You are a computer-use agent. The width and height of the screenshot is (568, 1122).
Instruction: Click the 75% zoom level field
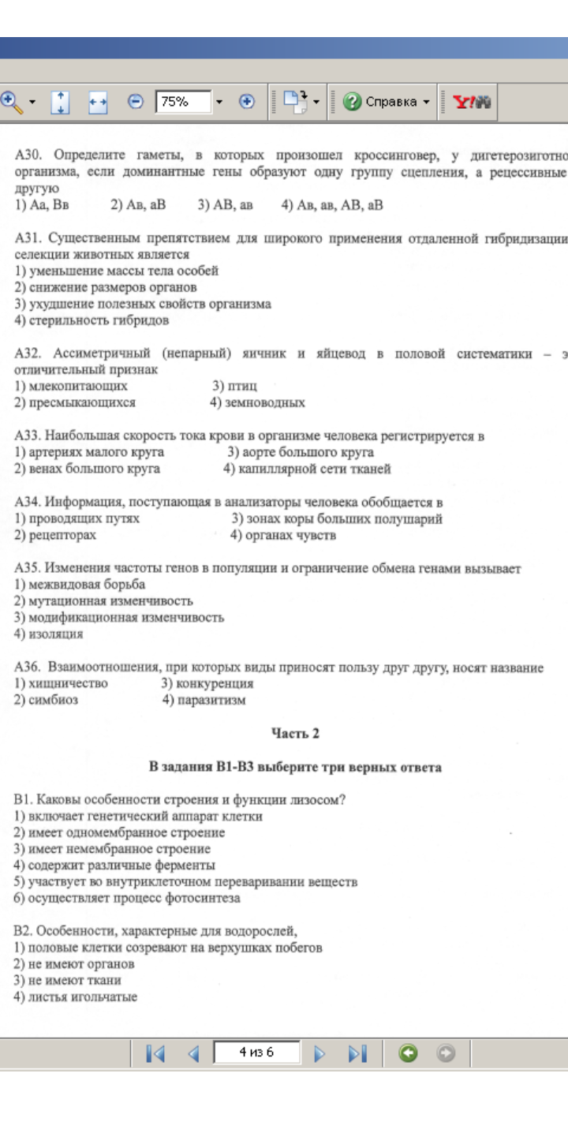[183, 102]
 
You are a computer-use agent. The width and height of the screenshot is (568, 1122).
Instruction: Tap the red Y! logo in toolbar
[473, 102]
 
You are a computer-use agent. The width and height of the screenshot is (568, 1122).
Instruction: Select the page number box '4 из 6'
[256, 1053]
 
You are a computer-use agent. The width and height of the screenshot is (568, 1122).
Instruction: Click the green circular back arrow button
[408, 1053]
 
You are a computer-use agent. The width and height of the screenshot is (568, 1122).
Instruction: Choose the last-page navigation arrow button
[357, 1053]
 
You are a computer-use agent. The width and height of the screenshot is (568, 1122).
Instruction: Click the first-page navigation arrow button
[155, 1053]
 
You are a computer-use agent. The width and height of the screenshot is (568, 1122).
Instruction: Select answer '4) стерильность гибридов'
[92, 320]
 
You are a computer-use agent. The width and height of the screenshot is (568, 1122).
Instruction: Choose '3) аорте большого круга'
[300, 452]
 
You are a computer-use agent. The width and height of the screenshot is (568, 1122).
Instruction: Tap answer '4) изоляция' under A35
[49, 634]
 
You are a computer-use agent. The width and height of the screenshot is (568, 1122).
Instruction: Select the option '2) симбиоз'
[47, 700]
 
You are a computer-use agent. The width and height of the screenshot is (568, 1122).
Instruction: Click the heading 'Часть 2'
[295, 733]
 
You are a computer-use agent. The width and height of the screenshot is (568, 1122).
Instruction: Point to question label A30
[28, 156]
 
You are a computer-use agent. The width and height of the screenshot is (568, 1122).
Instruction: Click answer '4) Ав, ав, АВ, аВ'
[331, 205]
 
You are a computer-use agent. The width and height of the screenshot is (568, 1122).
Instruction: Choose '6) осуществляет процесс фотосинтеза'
[127, 898]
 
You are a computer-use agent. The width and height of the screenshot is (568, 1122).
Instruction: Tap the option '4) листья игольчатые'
[76, 997]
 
